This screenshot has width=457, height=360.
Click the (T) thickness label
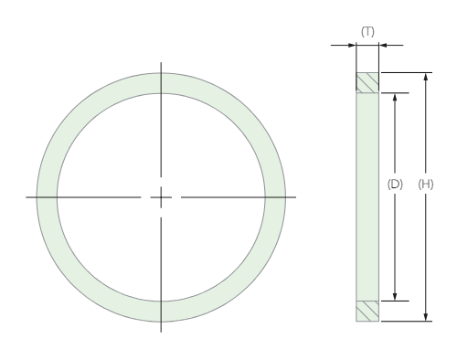367,32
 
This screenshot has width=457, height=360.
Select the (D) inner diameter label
395,184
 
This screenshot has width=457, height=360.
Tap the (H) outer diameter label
426,184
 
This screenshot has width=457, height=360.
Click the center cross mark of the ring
161,197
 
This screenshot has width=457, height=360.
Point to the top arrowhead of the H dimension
426,76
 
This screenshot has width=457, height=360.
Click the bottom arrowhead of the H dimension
426,317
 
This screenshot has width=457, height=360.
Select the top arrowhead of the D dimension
395,97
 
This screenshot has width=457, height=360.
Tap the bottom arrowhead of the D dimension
395,297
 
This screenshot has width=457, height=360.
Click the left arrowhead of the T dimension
352,46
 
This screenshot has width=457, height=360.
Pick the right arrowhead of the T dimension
383,46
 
